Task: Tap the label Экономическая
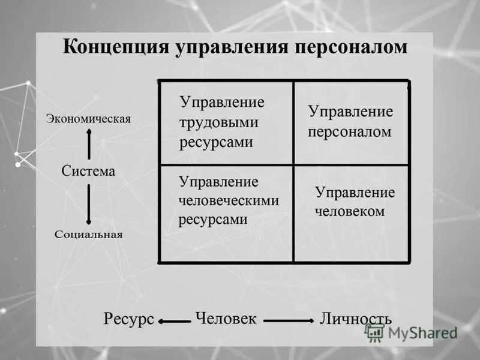[89, 119]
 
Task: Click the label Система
[88, 171]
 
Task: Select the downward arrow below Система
[89, 204]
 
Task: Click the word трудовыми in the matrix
[219, 122]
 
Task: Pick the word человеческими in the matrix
[229, 200]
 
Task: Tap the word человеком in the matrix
[350, 211]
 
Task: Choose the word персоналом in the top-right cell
[350, 131]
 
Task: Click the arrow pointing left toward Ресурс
[174, 322]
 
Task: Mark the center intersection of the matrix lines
[293, 165]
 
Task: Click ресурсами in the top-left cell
[216, 142]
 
